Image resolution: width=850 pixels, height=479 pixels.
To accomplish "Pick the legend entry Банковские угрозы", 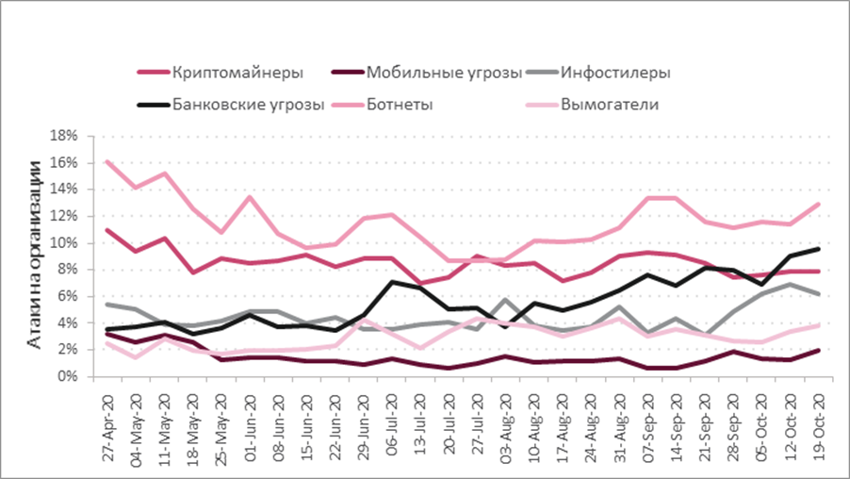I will tap(249, 104).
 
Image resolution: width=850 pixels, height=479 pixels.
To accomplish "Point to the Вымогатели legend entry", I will tap(609, 104).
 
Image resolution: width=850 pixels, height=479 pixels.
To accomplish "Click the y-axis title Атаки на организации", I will tap(34, 256).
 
